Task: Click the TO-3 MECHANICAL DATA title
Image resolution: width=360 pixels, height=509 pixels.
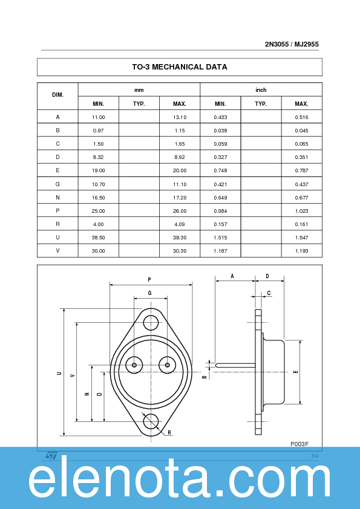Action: pos(180,67)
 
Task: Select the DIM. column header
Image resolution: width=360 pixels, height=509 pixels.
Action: pos(57,96)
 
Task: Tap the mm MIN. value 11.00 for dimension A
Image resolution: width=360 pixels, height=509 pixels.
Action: pos(99,117)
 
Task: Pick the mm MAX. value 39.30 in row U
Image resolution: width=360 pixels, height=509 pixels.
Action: pos(180,237)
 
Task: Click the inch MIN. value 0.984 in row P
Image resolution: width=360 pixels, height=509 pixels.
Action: pos(220,210)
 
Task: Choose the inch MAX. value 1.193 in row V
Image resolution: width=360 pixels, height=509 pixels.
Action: pos(301,250)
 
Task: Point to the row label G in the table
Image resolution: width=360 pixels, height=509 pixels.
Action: pos(57,184)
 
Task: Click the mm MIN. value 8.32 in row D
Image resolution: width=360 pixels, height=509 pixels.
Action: pos(99,157)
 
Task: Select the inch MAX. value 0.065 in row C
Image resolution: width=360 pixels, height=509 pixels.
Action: pos(301,144)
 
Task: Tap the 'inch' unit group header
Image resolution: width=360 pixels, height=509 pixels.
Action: pos(261,89)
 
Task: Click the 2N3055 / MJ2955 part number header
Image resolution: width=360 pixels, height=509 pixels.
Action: pos(292,44)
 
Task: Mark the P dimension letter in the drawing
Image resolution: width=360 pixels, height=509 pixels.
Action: pos(149,279)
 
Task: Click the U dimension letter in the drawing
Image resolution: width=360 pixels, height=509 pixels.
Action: pos(59,374)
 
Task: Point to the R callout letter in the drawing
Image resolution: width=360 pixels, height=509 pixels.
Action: pos(169,433)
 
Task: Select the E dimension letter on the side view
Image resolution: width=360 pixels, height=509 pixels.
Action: pos(295,371)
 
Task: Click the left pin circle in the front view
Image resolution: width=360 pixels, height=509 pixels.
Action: pos(134,365)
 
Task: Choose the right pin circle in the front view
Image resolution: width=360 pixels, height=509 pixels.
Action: pos(168,365)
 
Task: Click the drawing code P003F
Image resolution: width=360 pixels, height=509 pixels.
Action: pos(299,444)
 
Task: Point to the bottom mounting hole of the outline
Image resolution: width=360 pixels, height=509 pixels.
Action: pos(151,421)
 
